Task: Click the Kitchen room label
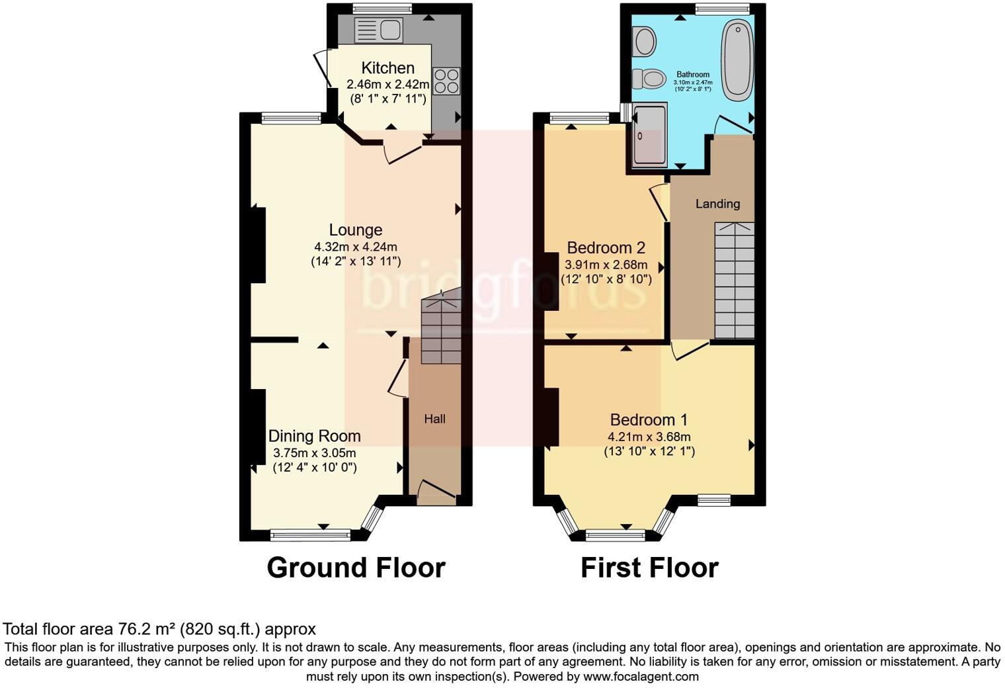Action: [x=388, y=68]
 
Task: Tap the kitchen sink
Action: [x=378, y=30]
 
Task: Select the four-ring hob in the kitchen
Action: [x=446, y=81]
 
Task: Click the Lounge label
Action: [x=356, y=230]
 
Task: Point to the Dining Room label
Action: [x=314, y=437]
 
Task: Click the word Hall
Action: [x=434, y=419]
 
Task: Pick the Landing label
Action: [x=717, y=204]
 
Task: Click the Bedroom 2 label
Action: [x=606, y=248]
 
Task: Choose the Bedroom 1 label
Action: [x=649, y=420]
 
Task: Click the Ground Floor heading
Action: [x=356, y=568]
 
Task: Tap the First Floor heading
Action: [x=649, y=568]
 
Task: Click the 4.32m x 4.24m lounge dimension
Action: [x=356, y=247]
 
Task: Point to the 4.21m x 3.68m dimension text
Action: [x=649, y=437]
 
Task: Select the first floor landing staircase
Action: [x=735, y=281]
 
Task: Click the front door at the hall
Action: [x=437, y=492]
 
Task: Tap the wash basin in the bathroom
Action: [x=644, y=41]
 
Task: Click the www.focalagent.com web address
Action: [x=641, y=677]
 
